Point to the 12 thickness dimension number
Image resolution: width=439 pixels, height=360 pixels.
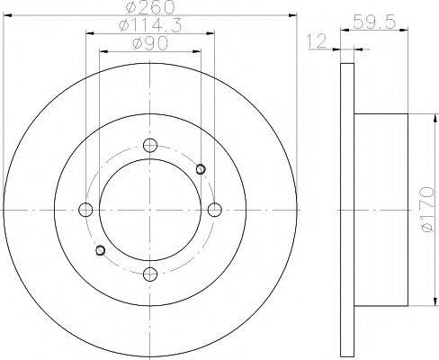point(314,41)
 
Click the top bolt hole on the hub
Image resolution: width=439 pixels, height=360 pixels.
point(150,145)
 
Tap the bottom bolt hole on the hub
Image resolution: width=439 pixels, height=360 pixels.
point(150,274)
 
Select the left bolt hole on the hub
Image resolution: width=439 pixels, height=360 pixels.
point(86,210)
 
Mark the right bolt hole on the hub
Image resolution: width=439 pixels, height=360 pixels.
point(214,210)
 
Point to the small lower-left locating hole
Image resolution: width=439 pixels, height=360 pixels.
point(100,249)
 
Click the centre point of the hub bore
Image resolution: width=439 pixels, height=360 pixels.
point(150,210)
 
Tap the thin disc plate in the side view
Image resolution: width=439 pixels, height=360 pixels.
point(348,210)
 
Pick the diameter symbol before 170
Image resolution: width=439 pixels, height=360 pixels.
point(426,234)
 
